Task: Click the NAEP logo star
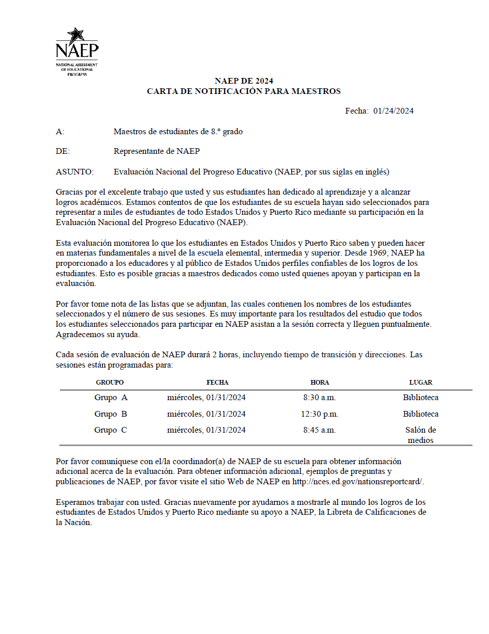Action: [76, 35]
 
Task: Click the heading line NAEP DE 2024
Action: [244, 81]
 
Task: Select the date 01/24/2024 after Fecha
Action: [393, 111]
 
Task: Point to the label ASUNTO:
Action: [74, 171]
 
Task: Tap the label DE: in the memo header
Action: [62, 151]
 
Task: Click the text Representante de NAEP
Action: [156, 151]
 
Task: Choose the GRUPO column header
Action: [110, 383]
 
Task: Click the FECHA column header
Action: [217, 383]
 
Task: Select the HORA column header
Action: [320, 383]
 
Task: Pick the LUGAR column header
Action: [421, 383]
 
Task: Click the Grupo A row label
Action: [111, 398]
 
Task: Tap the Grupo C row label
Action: [111, 430]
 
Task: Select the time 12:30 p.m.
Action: [320, 414]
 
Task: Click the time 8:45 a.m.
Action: [320, 430]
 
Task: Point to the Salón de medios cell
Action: [421, 435]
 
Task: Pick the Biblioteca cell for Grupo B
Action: [421, 414]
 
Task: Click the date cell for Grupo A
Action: [207, 398]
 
